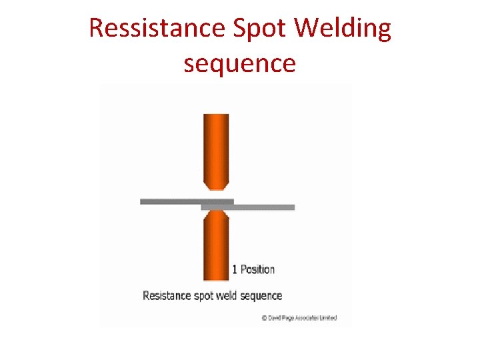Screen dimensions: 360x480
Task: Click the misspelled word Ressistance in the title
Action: [x=157, y=29]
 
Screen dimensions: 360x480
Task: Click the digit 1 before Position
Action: [x=235, y=269]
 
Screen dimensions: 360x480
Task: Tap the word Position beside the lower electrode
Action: [x=257, y=269]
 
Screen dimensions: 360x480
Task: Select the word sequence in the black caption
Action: [x=264, y=296]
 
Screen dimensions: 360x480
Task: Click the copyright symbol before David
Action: [x=264, y=318]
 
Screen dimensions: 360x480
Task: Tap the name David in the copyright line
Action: [x=273, y=318]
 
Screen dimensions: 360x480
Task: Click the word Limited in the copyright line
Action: [x=328, y=318]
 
